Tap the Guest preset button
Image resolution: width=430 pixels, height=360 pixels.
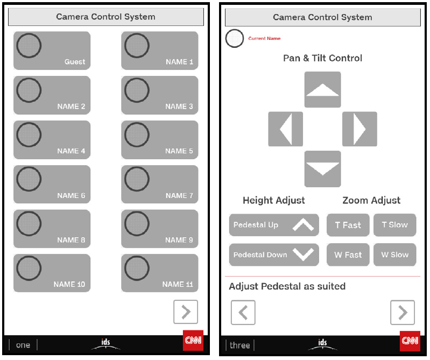52,51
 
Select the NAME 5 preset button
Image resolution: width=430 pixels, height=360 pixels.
160,140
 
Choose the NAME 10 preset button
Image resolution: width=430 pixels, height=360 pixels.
52,273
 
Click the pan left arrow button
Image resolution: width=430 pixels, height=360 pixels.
285,129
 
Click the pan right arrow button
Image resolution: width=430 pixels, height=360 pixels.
359,129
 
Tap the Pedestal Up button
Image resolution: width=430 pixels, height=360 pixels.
274,225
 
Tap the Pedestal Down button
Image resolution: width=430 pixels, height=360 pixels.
274,255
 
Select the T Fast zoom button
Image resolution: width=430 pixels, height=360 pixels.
348,225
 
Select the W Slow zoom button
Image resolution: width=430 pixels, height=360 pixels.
395,255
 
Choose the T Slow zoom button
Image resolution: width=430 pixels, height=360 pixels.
395,225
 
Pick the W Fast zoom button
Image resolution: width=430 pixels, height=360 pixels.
348,255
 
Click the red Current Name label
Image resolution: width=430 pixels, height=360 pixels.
264,38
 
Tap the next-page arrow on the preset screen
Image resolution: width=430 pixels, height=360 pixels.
186,312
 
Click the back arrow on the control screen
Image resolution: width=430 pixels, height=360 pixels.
243,313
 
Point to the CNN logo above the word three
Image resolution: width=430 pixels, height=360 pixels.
410,341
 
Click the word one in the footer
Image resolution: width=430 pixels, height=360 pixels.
23,345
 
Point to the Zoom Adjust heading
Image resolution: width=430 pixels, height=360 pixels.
371,200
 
